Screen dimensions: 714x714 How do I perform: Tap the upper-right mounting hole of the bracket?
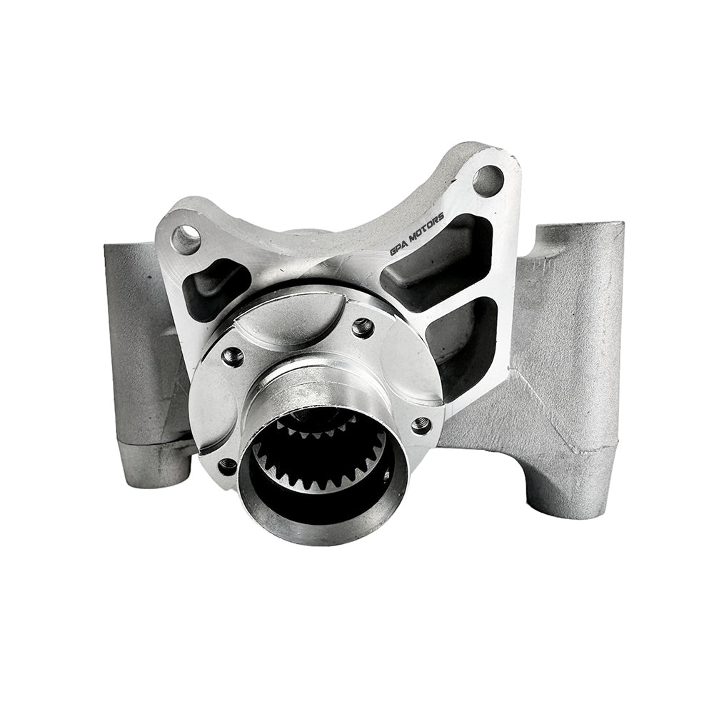(x=488, y=180)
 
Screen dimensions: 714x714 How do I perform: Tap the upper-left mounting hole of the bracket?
(x=186, y=238)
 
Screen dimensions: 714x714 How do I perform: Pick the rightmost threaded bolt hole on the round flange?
(x=421, y=426)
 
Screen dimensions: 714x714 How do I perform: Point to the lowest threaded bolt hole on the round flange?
(x=228, y=466)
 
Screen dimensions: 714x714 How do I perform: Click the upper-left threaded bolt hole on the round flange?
(x=233, y=354)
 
